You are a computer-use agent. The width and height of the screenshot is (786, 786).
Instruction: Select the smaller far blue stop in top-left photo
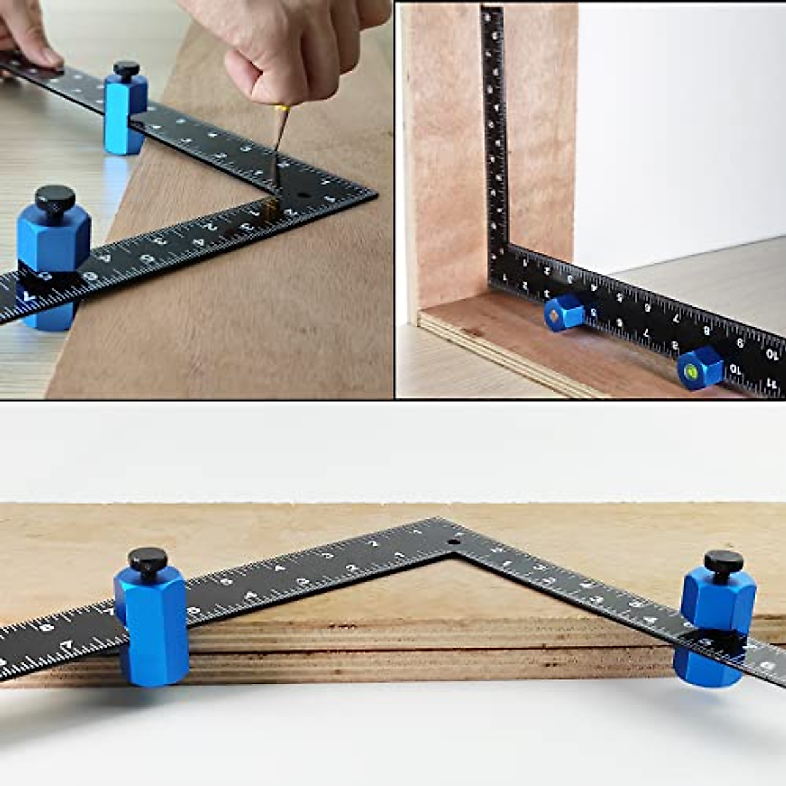point(124,111)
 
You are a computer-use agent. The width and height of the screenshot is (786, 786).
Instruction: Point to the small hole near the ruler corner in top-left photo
point(303,195)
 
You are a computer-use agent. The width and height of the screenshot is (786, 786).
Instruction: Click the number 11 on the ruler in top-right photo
point(774,386)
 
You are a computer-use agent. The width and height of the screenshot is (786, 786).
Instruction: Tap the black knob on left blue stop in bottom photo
point(148,561)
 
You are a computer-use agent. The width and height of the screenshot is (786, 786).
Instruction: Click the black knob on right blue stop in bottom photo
point(723,563)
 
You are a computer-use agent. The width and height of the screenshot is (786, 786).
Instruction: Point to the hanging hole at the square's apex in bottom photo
point(453,543)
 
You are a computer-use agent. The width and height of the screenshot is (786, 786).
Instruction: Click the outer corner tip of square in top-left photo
point(376,194)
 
